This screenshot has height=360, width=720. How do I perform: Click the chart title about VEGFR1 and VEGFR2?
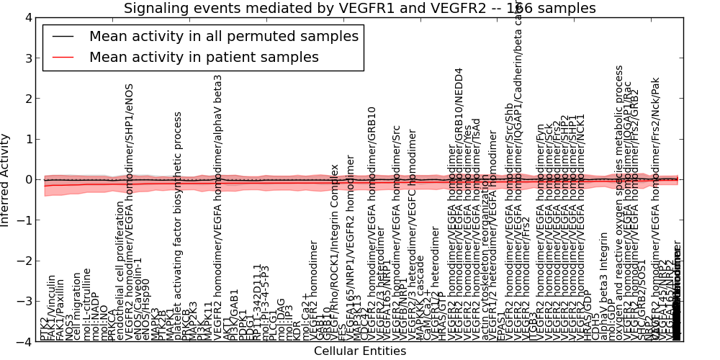click(x=359, y=8)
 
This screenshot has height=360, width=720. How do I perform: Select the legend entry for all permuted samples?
click(x=222, y=36)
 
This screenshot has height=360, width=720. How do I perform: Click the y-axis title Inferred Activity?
click(x=6, y=179)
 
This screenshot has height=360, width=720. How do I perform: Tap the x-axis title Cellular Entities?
click(x=359, y=351)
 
